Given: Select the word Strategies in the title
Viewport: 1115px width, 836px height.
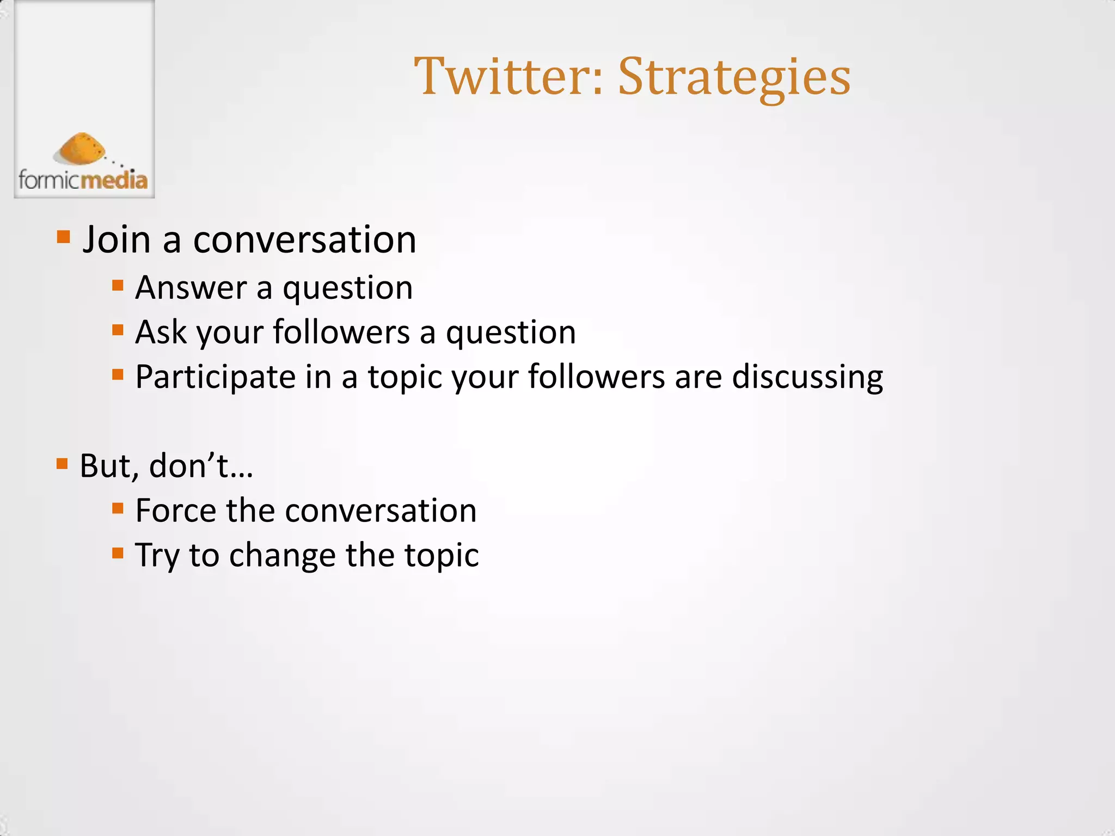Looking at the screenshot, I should click(734, 78).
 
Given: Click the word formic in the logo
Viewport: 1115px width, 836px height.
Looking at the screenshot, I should click(50, 180).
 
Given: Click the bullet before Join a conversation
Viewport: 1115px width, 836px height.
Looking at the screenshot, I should click(64, 237).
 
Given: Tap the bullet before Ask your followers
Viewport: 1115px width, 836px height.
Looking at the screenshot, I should click(118, 330).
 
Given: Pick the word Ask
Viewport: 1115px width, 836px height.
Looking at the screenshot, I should click(161, 332).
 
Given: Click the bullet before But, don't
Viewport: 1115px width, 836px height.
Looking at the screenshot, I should click(62, 464).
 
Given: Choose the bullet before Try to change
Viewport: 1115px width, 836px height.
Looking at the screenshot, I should click(118, 553).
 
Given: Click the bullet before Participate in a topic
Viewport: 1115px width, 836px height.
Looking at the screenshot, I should click(118, 374).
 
